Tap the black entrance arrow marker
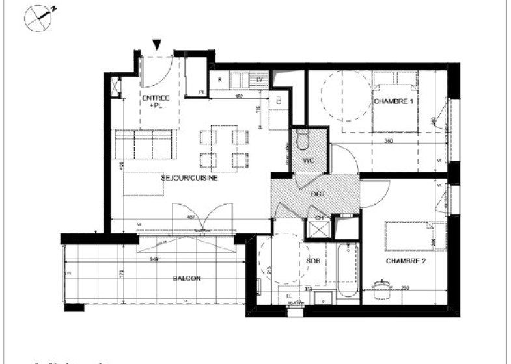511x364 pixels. [156, 44]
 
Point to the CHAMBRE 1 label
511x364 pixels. [393, 101]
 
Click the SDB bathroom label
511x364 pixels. [313, 261]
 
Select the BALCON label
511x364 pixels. [186, 278]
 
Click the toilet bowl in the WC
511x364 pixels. [302, 138]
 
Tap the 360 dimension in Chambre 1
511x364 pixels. [387, 141]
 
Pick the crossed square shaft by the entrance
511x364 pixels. [116, 86]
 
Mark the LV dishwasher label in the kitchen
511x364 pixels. [260, 80]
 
